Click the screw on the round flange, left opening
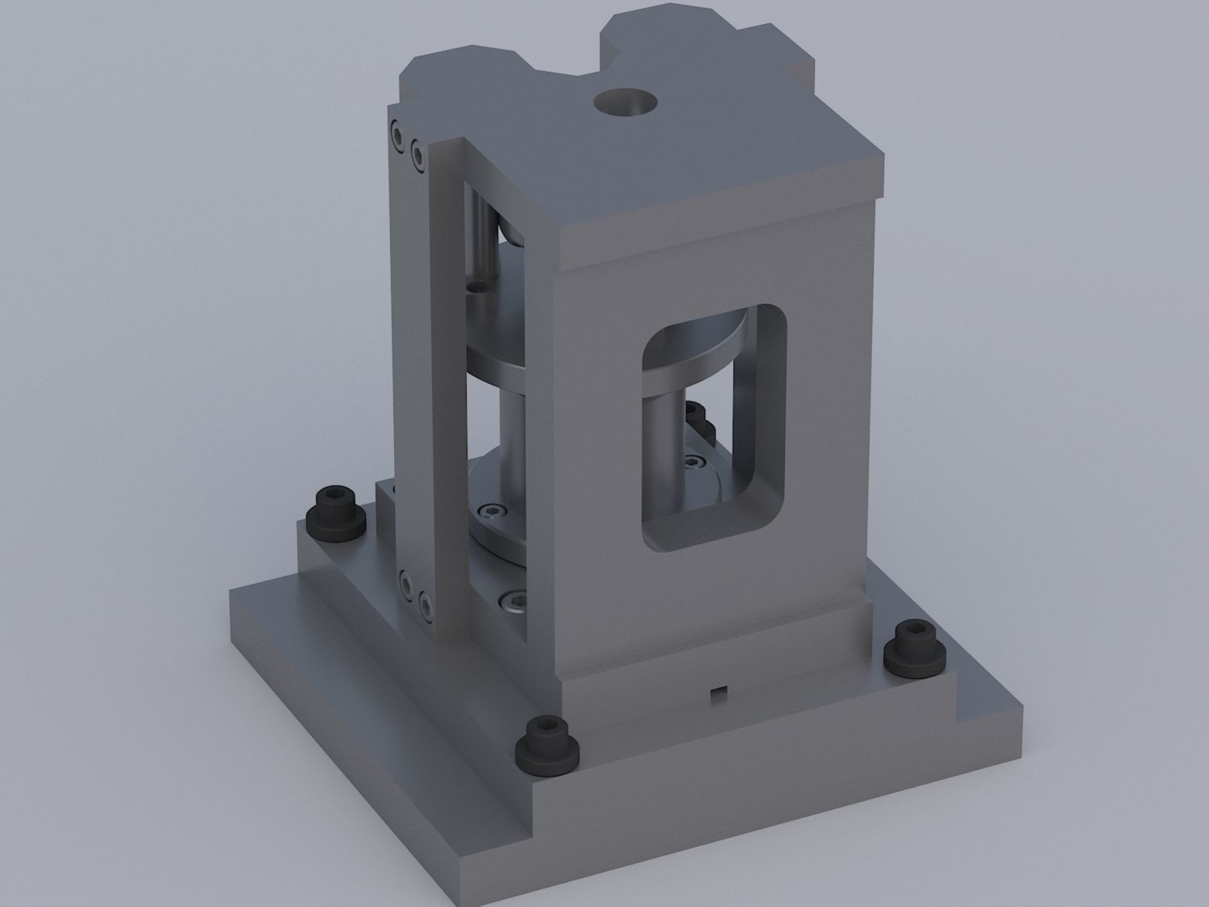[492, 510]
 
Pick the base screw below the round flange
[510, 599]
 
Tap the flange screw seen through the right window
[692, 462]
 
